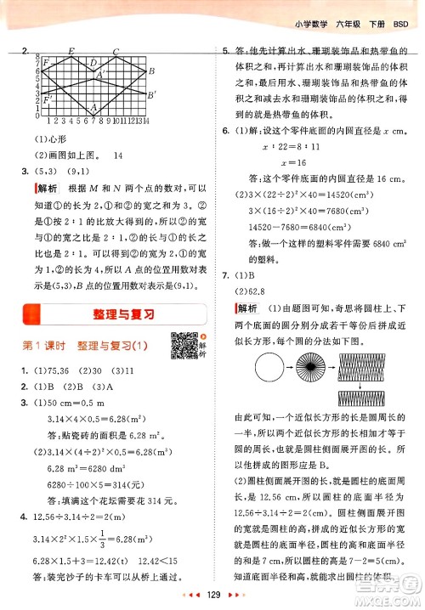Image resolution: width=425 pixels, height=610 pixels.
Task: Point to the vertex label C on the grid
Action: (x=115, y=52)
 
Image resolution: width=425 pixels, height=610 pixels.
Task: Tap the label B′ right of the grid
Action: (x=152, y=94)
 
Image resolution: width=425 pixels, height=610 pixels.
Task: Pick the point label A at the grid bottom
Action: (x=93, y=109)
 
